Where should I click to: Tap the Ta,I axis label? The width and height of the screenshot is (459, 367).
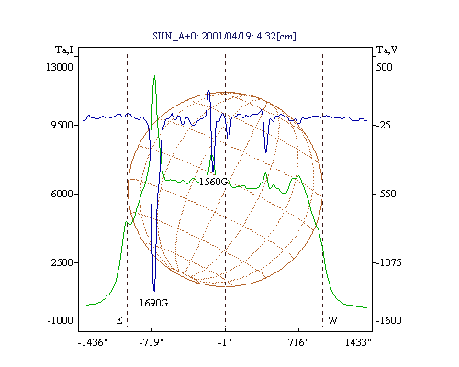coord(64,50)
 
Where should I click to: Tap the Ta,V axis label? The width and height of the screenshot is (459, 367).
coord(387,50)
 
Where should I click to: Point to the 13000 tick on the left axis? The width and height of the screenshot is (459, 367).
coord(60,67)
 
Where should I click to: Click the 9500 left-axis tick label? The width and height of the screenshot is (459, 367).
coord(62,125)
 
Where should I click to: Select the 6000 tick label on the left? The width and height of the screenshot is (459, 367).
coord(62,194)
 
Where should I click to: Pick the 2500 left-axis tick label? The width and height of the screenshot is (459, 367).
coord(62,262)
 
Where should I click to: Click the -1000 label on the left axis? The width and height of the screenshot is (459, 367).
coord(60,320)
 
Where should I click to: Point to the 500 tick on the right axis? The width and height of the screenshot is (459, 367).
coord(384,67)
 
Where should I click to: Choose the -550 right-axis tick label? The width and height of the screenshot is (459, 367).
coord(386,194)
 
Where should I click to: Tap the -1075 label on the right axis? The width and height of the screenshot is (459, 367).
coord(388,262)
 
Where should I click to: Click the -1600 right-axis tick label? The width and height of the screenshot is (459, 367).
coord(388,320)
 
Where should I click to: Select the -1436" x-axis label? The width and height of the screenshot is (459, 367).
coord(93,342)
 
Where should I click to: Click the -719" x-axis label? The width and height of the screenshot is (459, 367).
coord(151,342)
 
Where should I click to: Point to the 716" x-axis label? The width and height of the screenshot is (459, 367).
coord(298,342)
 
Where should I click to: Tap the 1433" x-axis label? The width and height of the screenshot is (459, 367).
coord(358,342)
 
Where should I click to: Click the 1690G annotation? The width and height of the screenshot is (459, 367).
coord(153,303)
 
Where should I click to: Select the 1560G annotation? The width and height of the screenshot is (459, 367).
coord(214,182)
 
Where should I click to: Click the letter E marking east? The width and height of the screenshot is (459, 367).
coord(119,320)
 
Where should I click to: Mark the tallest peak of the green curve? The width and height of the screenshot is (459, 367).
coord(154,76)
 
